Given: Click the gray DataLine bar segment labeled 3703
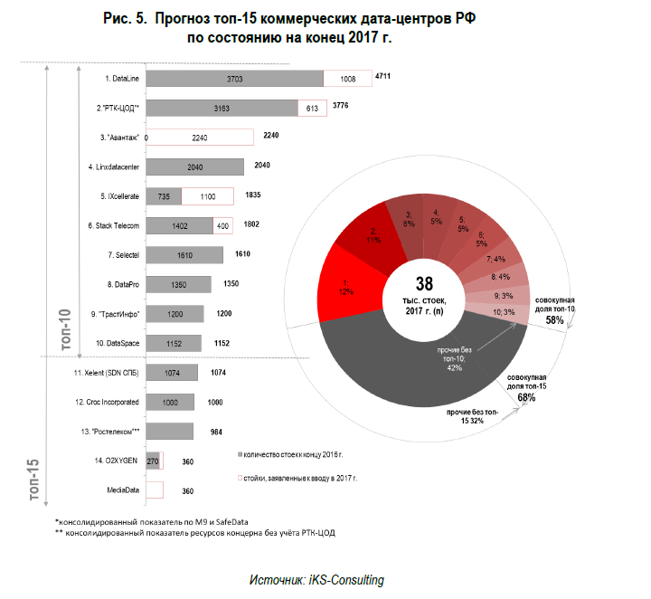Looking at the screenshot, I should point(234,79).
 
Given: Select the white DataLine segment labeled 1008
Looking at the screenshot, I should point(347,79).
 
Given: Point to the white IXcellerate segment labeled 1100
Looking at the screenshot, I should point(207,195).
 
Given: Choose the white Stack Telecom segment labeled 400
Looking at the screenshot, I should point(222,225).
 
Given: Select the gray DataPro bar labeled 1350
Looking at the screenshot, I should point(178,284).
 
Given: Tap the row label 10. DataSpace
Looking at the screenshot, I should point(118,343).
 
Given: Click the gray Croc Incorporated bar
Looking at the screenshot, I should point(169,401).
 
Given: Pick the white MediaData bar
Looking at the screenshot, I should point(155,490).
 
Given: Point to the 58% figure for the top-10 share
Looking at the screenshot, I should point(554,320).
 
